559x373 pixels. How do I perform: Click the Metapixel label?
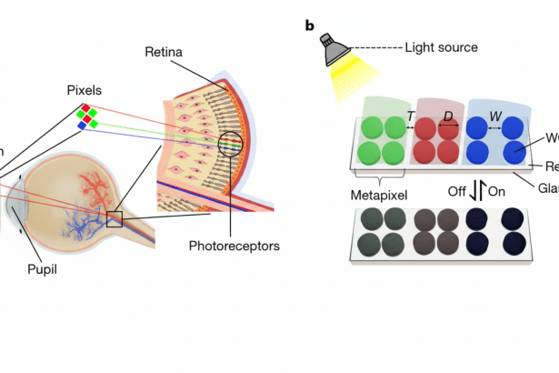click(383, 196)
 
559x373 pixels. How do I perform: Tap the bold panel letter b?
click(310, 25)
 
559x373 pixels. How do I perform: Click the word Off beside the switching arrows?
click(460, 192)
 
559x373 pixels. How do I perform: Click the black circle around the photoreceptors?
click(231, 145)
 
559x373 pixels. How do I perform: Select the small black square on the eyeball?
click(114, 218)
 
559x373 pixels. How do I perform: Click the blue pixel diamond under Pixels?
click(81, 126)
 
